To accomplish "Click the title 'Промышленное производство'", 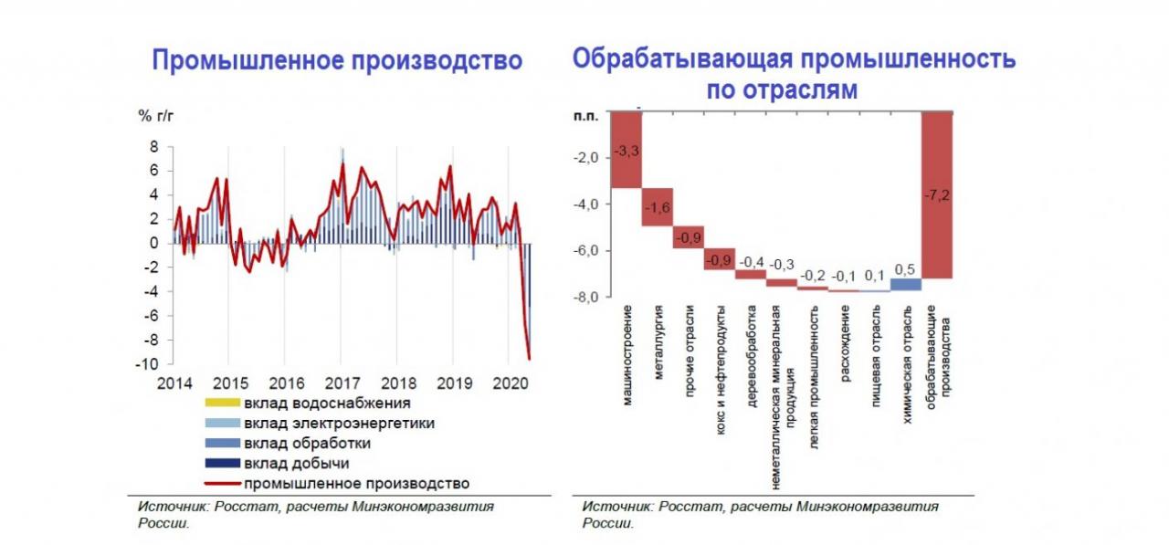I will coord(337,61).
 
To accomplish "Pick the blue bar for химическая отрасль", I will coord(905,284).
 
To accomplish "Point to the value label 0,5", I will coord(906,269).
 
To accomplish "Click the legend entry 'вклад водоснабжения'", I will coord(327,403).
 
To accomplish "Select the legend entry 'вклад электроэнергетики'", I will coord(339,423).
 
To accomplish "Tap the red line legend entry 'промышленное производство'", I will coord(356,483).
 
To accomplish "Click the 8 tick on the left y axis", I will coord(154,147).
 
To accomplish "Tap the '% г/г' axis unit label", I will coord(155,115).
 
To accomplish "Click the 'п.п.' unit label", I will coord(584,116).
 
